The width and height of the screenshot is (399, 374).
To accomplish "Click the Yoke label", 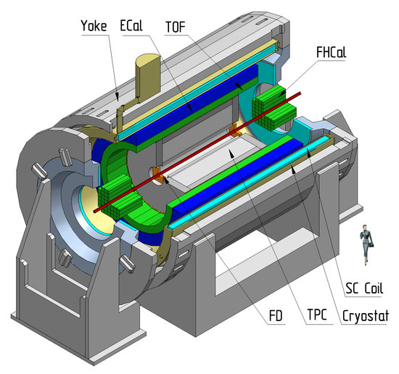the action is [94, 26].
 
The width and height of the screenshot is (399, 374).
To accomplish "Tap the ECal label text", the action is [131, 25].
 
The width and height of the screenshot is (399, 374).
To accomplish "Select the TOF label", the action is [176, 27].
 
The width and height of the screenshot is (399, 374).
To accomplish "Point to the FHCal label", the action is [331, 52].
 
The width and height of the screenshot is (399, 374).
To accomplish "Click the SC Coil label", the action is [364, 288].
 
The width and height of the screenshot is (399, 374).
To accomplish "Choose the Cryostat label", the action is [366, 316].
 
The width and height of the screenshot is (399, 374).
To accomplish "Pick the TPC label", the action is [317, 315].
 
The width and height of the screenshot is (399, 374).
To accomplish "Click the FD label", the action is [276, 316].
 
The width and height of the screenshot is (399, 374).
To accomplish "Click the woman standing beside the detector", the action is [366, 244].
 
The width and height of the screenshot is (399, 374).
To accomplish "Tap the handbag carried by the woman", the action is [371, 245].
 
